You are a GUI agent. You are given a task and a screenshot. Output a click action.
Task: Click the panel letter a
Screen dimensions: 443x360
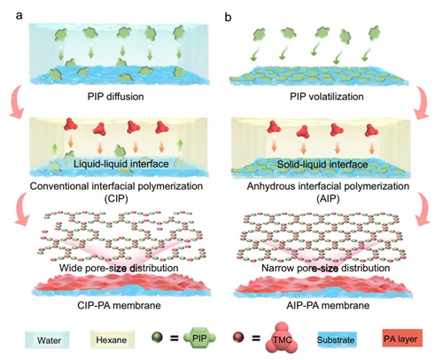point(19,15)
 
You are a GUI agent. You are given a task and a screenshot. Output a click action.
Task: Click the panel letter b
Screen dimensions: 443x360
point(228,17)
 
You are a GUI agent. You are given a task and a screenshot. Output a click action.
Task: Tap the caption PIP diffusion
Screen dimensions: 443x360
point(115,97)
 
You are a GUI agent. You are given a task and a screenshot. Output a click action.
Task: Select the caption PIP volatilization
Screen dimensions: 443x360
point(327,97)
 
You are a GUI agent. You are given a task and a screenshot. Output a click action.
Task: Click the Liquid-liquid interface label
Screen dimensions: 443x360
point(121,164)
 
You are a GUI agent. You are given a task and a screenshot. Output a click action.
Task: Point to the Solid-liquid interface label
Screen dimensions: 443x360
point(323,164)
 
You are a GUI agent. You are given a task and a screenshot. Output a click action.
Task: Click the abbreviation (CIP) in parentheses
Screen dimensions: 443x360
point(116,199)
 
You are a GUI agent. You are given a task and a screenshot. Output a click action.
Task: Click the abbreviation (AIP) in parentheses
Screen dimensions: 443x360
point(328,199)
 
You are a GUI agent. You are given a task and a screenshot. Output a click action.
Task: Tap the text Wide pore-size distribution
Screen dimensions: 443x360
point(119,268)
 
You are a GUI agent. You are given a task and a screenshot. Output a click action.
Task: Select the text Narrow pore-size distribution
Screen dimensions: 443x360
point(326,268)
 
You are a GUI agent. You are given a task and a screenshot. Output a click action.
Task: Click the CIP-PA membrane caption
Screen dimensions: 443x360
point(119,305)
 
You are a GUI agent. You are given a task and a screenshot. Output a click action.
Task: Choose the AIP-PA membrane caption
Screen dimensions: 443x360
point(328,305)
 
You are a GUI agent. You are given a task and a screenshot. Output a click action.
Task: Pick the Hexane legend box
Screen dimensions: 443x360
point(113,340)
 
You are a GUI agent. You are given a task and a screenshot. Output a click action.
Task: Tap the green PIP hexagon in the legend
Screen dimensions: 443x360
point(199,338)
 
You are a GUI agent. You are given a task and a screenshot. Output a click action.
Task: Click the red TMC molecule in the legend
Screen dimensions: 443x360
point(282,338)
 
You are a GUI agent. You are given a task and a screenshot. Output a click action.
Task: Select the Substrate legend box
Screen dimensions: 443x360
point(336,340)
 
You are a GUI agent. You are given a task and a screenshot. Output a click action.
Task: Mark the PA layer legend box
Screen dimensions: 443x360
point(400,338)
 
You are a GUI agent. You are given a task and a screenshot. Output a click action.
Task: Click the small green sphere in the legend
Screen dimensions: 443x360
point(158,337)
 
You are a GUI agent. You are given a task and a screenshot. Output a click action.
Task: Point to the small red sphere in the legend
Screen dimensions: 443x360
point(238,337)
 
